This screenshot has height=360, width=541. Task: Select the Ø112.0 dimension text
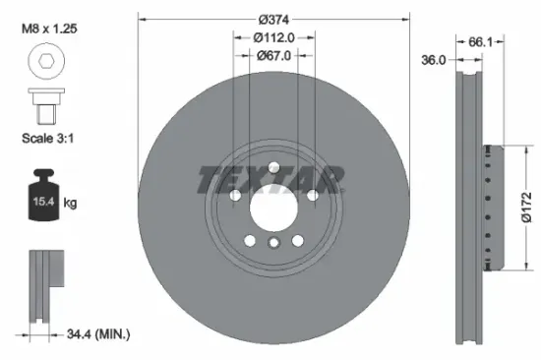[x=274, y=38]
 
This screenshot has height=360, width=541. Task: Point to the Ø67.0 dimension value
[x=274, y=56]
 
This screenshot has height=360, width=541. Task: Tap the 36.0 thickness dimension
[x=435, y=60]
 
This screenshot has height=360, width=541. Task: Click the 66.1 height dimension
[x=480, y=42]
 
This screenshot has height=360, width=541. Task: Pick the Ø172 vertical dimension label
[x=527, y=208]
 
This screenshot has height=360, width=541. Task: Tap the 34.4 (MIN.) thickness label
[x=96, y=335]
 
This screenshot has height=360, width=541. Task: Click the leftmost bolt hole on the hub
[x=236, y=196]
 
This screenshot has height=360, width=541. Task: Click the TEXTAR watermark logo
[x=271, y=179]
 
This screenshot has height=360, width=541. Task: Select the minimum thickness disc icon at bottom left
[x=41, y=285]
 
